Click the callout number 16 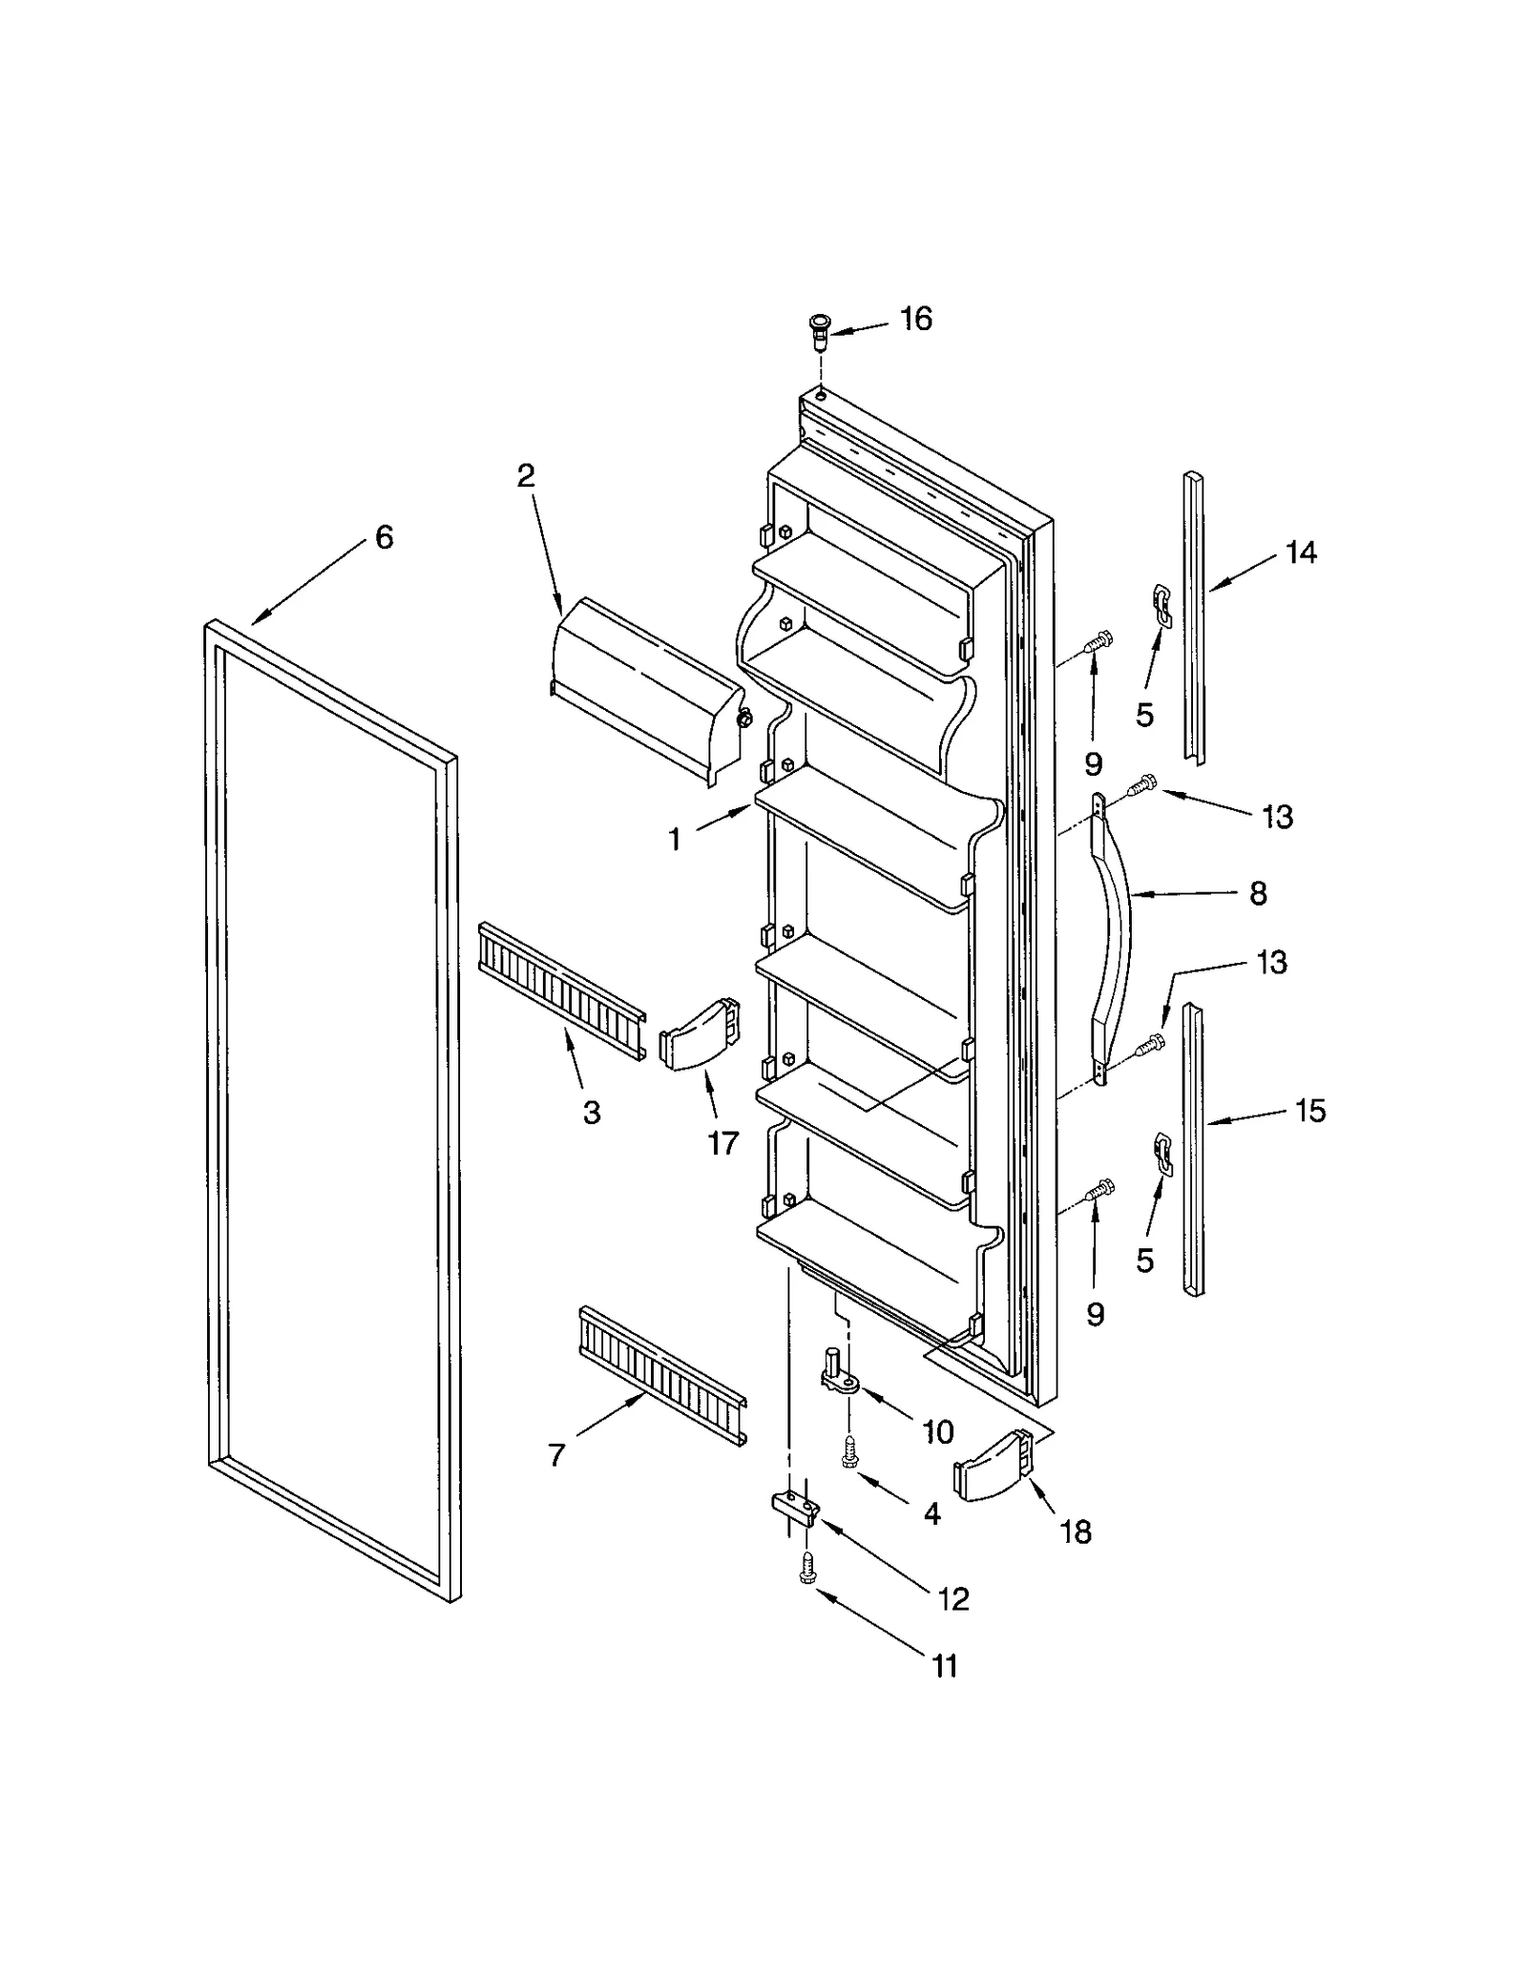(915, 319)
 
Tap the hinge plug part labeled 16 (819, 330)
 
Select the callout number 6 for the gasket (384, 538)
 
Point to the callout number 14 (1301, 552)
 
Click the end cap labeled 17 (700, 1034)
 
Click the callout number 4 (931, 1513)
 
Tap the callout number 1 (674, 840)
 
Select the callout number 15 (1310, 1111)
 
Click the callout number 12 (953, 1598)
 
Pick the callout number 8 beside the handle (1258, 894)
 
